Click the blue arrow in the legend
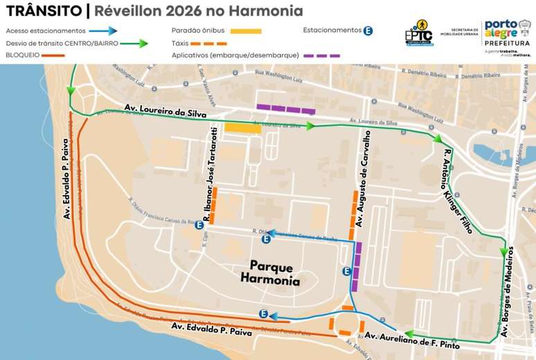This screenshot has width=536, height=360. point(104,31)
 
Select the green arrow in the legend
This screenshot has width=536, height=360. point(135,43)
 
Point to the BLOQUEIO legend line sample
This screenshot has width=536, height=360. point(48,55)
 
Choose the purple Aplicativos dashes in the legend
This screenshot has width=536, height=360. point(322,55)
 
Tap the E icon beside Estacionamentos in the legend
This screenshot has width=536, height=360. point(368,30)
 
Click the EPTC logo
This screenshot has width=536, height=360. point(419,34)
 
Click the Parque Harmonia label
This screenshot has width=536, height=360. point(271,274)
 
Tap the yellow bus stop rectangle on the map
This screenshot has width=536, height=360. point(242,128)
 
